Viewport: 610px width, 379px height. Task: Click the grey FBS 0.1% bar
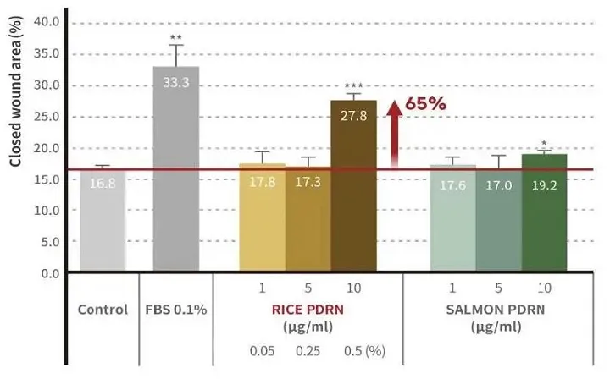175,169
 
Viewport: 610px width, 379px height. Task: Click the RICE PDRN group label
308,310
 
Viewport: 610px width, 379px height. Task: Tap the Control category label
103,310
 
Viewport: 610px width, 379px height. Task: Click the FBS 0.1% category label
176,310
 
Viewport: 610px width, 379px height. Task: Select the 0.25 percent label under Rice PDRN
308,350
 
